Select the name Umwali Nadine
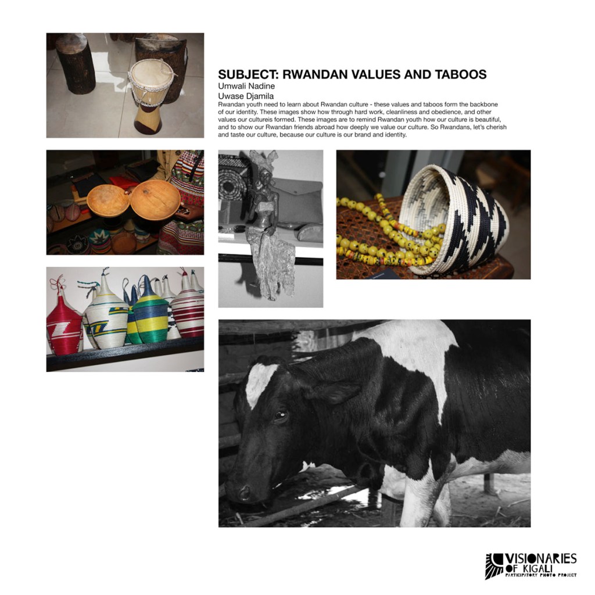coord(246,86)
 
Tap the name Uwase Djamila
coord(246,96)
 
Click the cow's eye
coord(281,415)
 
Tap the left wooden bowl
coord(107,200)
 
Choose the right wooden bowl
coord(155,199)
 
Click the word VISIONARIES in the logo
coord(540,559)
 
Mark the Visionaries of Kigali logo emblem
coord(494,566)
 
